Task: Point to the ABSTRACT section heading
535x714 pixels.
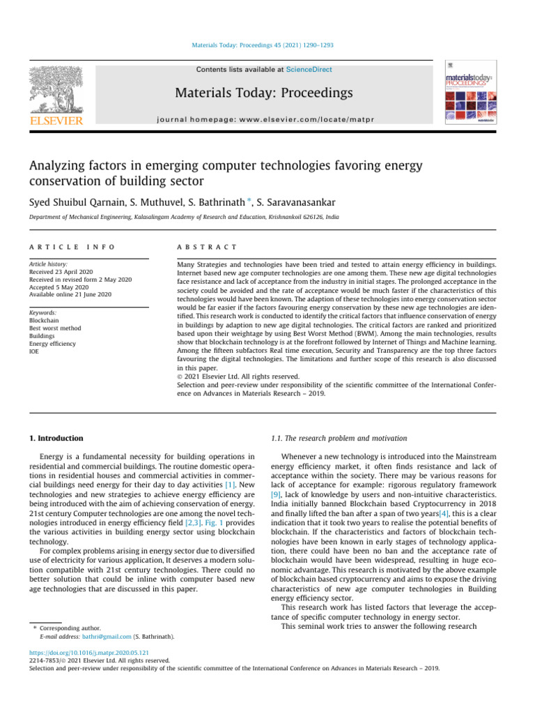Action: coord(208,248)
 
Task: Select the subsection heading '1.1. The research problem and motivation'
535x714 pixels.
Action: coord(338,438)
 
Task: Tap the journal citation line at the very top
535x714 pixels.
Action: coord(267,45)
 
